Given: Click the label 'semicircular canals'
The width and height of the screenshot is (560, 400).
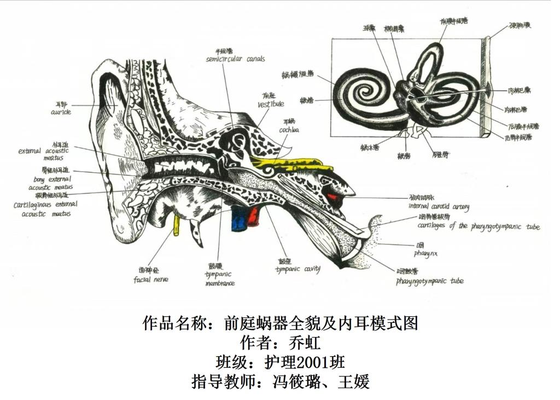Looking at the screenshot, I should tap(235, 59).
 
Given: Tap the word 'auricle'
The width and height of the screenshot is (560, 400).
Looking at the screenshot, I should tap(60, 112).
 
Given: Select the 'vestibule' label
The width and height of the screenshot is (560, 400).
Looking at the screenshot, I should tap(271, 103).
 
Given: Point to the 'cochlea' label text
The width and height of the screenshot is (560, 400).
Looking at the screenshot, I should tap(289, 130).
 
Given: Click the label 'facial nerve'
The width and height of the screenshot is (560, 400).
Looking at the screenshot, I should tap(150, 280).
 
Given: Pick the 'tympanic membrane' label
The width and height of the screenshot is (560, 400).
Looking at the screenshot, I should tap(220, 279).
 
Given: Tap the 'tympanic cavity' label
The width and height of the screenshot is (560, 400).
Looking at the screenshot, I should tap(297, 269).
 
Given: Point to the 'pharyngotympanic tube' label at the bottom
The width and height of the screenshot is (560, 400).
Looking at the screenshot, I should tap(429, 281).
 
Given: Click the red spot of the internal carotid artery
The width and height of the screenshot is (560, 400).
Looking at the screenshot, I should tap(332, 195).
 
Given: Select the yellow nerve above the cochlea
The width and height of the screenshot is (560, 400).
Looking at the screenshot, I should tap(290, 163).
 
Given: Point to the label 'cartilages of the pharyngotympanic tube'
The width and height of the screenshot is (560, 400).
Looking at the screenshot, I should tap(478, 226).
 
